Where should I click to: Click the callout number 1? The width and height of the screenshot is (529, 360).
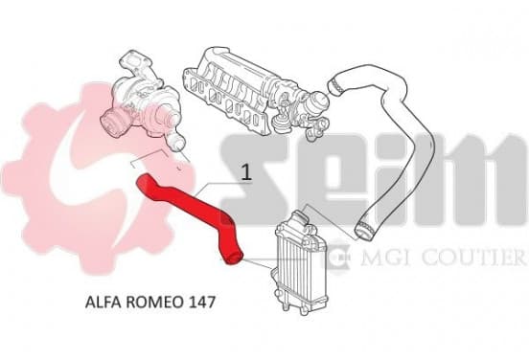click(247, 172)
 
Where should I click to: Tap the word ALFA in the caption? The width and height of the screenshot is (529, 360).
click(103, 302)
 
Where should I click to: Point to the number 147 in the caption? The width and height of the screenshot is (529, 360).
click(200, 302)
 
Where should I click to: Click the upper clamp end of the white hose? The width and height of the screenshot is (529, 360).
click(336, 85)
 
